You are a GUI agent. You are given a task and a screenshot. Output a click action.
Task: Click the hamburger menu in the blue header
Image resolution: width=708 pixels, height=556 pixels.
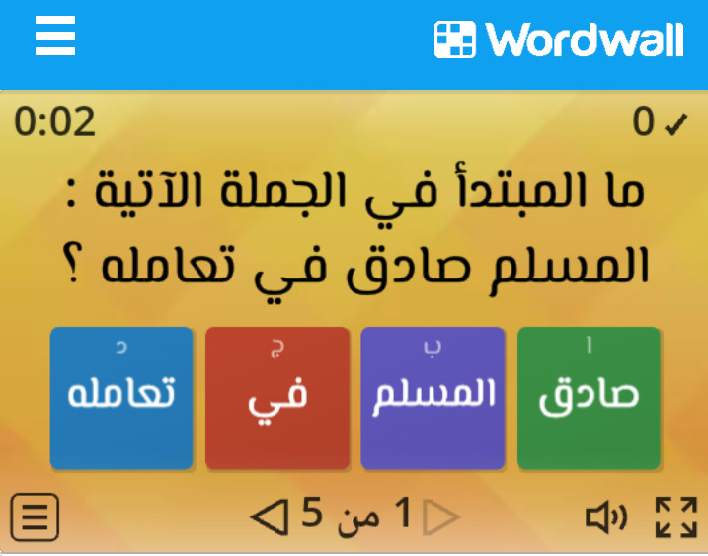55,36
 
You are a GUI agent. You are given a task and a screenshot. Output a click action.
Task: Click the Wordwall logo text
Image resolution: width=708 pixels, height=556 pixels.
585,40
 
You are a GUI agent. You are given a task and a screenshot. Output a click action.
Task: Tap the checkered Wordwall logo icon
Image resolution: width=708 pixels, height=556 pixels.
454,40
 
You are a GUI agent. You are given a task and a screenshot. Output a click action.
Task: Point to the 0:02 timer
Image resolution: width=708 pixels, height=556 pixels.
54,121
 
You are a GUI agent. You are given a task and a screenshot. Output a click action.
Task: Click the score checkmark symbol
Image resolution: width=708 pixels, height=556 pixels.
676,123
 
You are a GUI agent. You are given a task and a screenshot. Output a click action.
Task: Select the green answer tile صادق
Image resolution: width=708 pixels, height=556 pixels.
589,398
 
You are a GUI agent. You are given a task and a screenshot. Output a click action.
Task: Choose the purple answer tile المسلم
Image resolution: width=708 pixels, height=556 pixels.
433,398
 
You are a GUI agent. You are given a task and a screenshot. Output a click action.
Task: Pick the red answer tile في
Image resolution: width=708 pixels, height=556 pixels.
277,398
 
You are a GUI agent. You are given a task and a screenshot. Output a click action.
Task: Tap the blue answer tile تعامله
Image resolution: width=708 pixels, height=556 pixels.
121,398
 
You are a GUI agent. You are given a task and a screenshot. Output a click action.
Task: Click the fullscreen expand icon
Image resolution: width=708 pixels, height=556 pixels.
676,517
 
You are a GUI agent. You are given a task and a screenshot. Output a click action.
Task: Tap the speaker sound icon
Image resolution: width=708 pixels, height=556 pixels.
606,517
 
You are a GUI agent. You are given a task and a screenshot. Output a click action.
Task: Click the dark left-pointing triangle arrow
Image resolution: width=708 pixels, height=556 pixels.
270,517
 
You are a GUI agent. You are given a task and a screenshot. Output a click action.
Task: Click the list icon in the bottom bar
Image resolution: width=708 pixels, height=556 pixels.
35,517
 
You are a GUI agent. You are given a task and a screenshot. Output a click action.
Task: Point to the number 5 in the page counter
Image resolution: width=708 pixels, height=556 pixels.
312,513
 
